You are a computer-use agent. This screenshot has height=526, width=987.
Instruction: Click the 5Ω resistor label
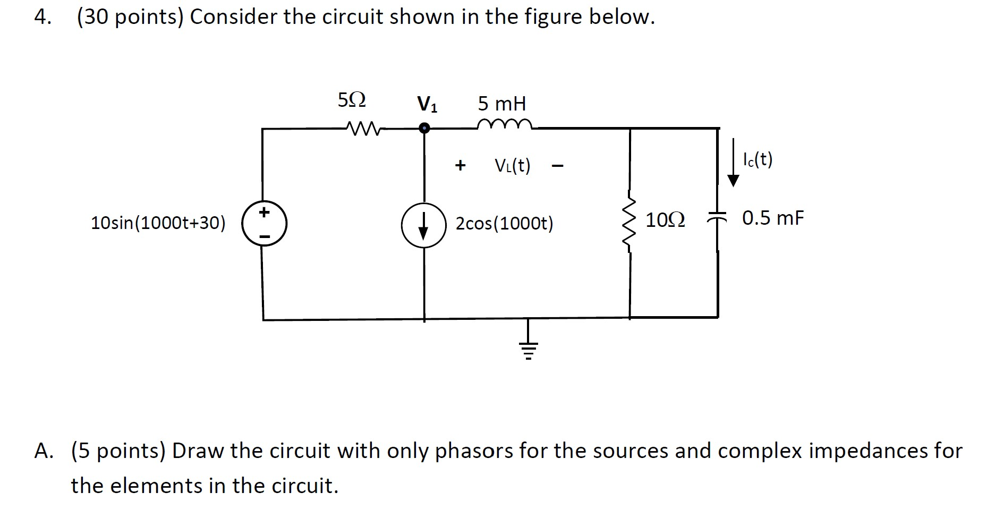(x=352, y=100)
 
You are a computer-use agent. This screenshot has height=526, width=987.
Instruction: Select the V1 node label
(x=427, y=104)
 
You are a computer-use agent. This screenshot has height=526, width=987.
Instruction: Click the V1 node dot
(x=424, y=128)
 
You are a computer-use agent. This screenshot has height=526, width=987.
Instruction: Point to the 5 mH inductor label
(x=501, y=103)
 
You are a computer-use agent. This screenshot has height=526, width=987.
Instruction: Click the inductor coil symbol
(x=504, y=124)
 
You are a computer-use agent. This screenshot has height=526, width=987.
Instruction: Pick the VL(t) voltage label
(x=512, y=166)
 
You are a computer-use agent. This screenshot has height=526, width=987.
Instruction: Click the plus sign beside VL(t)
(x=460, y=166)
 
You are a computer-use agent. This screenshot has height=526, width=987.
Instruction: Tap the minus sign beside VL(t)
(x=557, y=167)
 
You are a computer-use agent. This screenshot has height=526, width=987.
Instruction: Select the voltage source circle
(x=265, y=224)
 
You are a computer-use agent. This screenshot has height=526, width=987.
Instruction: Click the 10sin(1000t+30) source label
(x=158, y=223)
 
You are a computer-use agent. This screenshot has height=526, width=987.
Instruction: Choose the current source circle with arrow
(x=423, y=225)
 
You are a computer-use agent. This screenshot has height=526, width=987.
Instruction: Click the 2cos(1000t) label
(x=504, y=224)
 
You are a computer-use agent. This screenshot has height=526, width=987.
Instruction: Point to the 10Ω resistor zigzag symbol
(x=629, y=224)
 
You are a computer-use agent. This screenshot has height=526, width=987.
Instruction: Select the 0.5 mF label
(x=773, y=218)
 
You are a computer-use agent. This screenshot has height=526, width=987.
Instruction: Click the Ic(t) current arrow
(x=733, y=162)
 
